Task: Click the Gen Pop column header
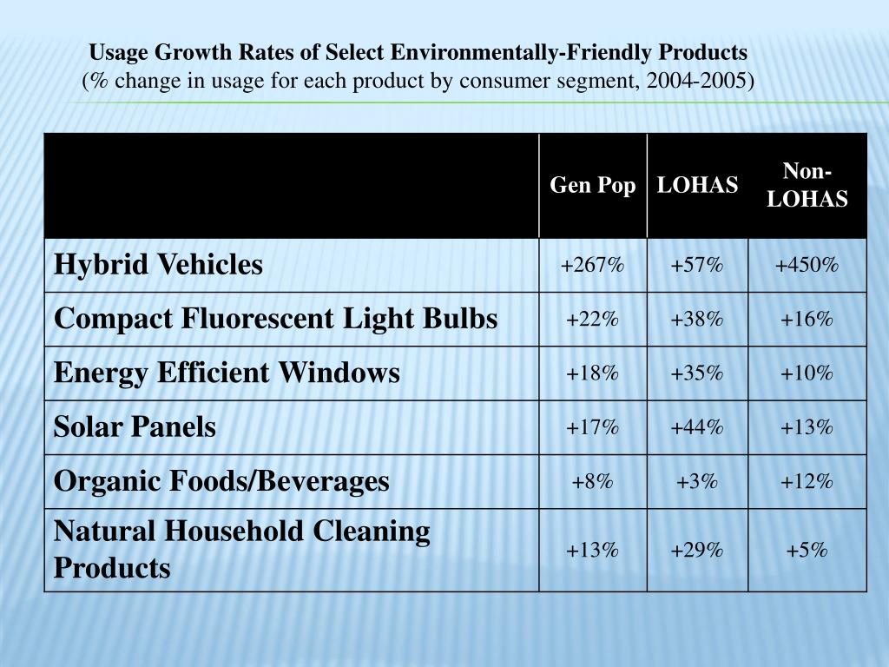[592, 186]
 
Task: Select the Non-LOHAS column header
[807, 185]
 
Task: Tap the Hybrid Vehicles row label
[158, 265]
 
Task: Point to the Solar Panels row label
[135, 427]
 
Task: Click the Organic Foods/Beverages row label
[221, 481]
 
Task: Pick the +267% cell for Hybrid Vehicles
[592, 265]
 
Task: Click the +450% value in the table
[807, 265]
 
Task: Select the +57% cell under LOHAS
[696, 265]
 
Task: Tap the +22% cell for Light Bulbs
[592, 319]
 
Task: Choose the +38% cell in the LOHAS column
[696, 319]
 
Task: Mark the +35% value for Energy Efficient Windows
[696, 373]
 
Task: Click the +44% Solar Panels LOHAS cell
[696, 427]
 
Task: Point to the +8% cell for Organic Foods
[592, 481]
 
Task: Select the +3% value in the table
[696, 481]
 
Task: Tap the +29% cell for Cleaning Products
[696, 551]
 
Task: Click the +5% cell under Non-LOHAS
[807, 551]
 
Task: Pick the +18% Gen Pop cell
[592, 373]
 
